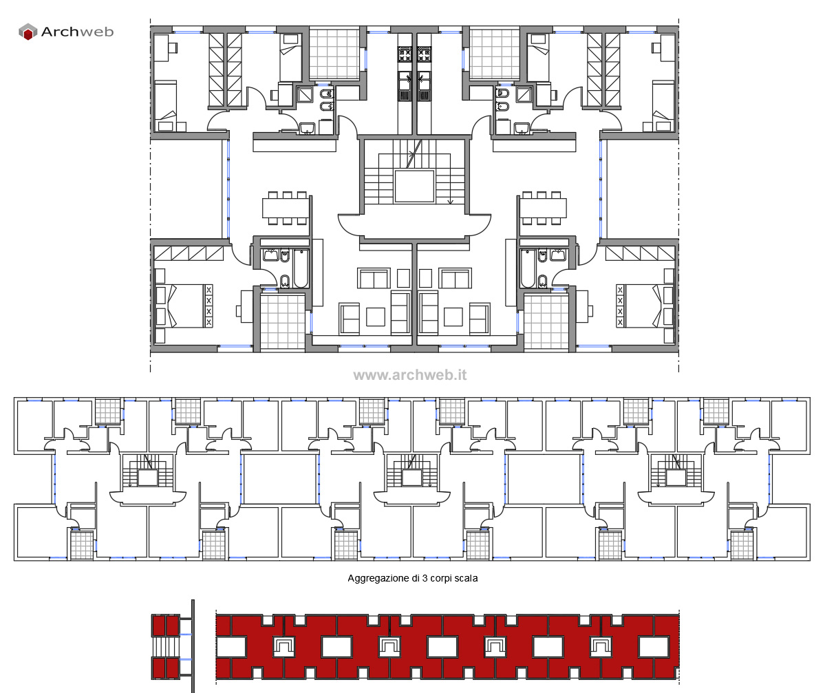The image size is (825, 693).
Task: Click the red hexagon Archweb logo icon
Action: [x=28, y=32]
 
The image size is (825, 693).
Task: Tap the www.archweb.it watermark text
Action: [x=410, y=375]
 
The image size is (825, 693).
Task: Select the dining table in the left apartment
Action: [x=287, y=208]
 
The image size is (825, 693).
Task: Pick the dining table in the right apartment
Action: [x=544, y=208]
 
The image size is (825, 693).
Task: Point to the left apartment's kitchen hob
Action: [x=405, y=53]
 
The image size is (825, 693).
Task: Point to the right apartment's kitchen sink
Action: [x=424, y=81]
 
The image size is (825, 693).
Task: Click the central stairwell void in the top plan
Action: [x=414, y=186]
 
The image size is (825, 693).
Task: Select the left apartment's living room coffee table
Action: [x=376, y=317]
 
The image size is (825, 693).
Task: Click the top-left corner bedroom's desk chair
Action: [x=174, y=47]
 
